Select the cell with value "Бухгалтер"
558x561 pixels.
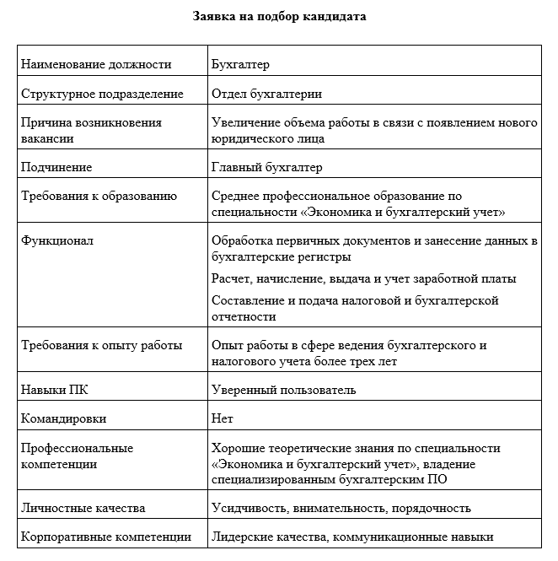point(240,64)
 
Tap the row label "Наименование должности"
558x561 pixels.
point(96,64)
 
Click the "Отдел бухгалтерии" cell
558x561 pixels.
point(266,94)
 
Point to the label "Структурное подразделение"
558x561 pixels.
point(103,94)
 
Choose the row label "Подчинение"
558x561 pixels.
point(56,167)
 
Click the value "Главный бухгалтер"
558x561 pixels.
point(267,167)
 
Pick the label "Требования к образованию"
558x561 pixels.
point(99,197)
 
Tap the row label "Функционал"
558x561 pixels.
point(57,241)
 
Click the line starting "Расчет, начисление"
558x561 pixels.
point(364,278)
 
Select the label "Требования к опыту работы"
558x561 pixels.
point(101,346)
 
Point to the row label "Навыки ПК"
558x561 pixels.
point(53,390)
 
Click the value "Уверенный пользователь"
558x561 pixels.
point(283,390)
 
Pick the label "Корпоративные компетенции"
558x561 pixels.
point(105,537)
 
